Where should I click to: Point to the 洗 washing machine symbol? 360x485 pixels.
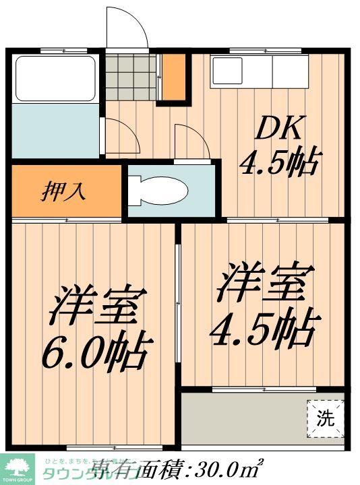(x=326, y=418)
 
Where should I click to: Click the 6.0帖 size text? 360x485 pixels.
(x=95, y=351)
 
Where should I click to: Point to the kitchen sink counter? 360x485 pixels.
(x=260, y=72)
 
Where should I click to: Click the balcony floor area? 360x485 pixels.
(x=246, y=418)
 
